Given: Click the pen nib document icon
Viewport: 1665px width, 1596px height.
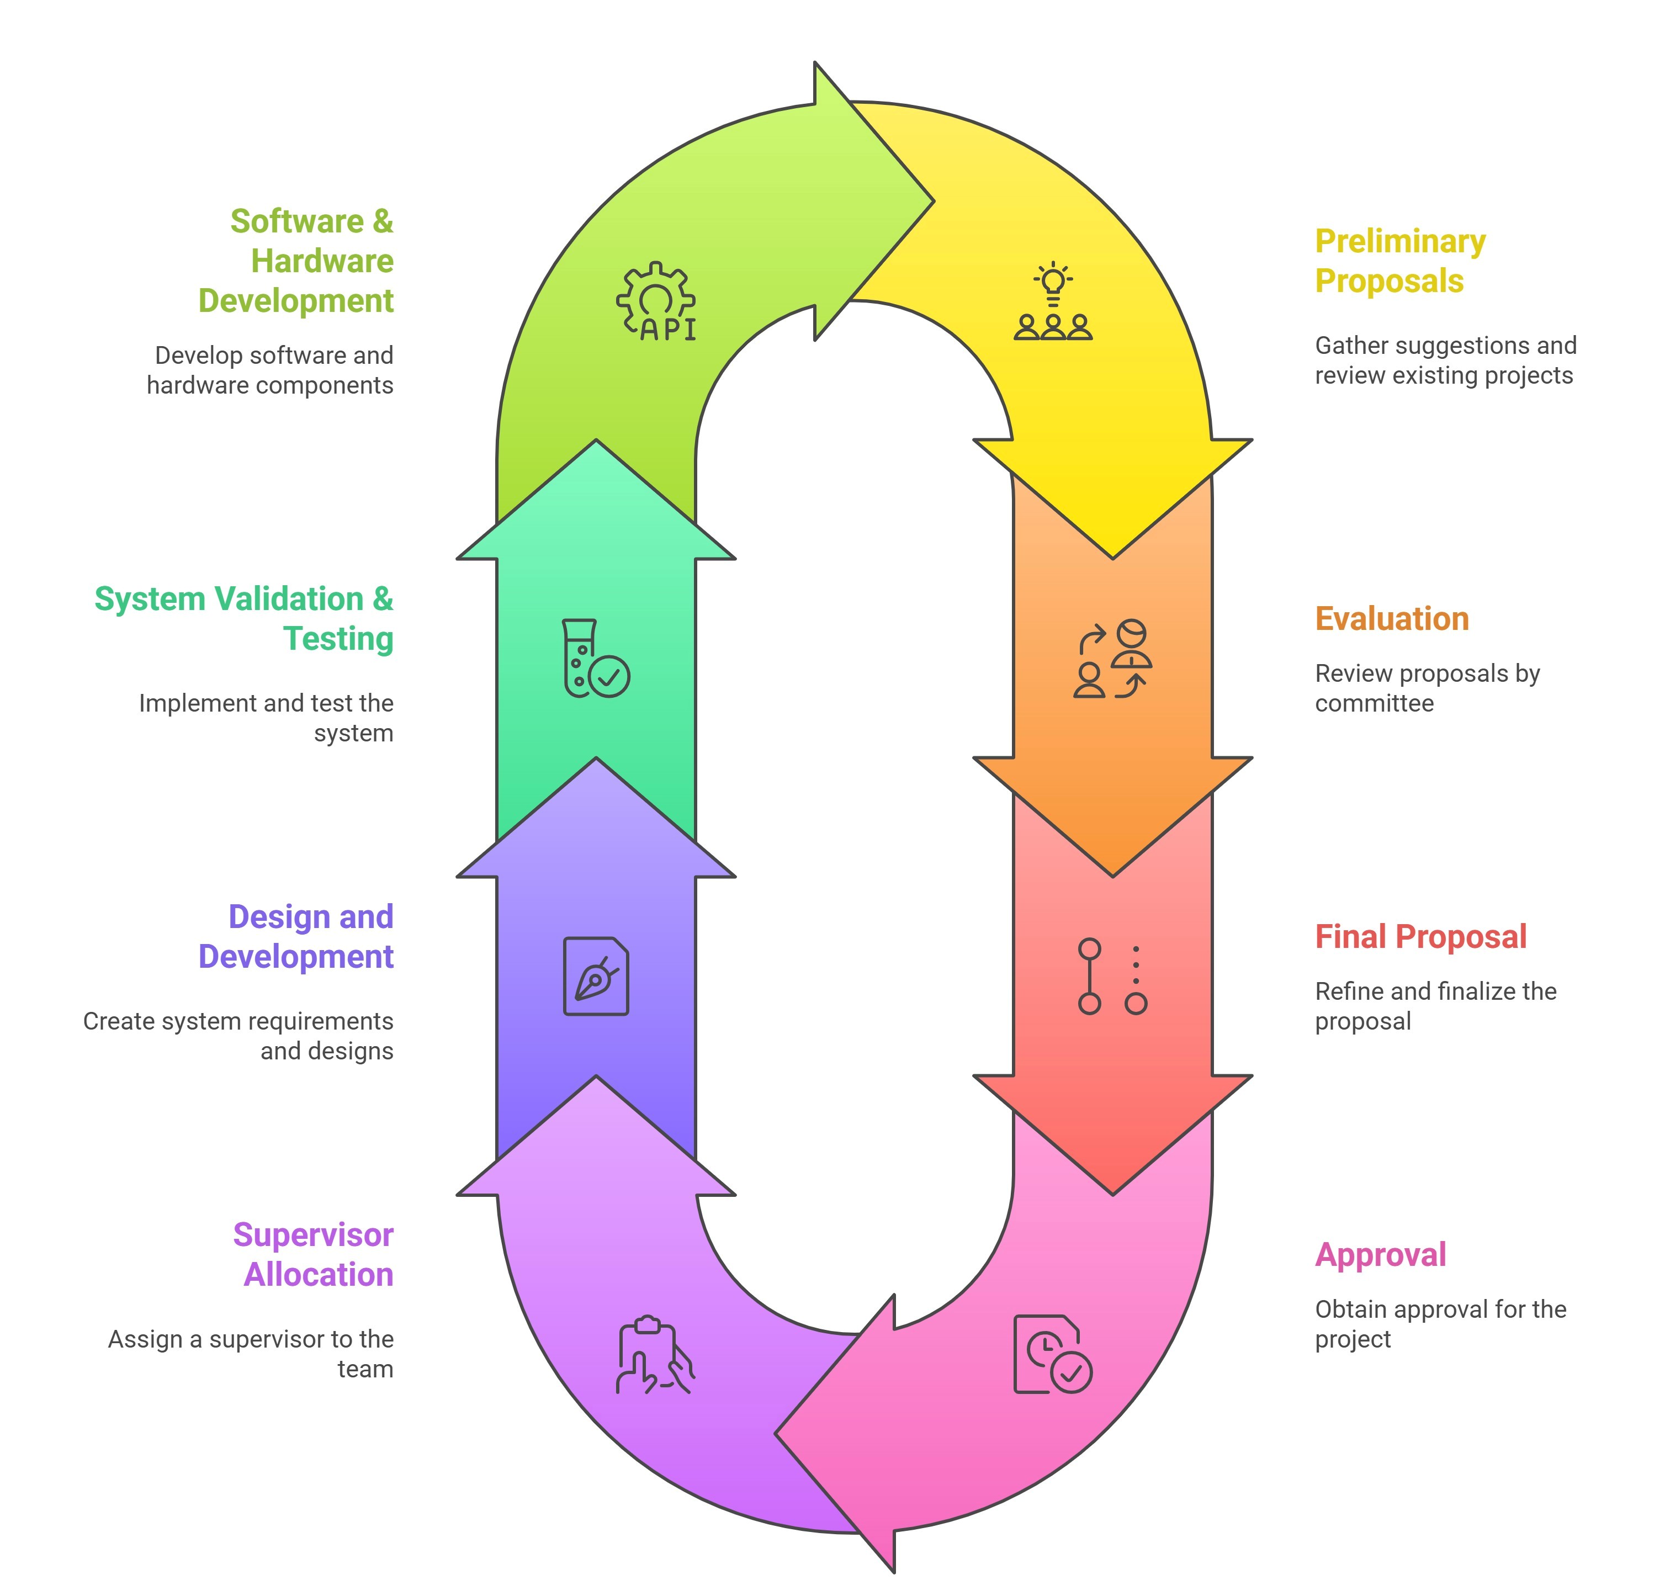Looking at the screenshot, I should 596,976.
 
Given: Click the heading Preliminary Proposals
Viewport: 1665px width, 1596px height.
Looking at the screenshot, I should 1400,261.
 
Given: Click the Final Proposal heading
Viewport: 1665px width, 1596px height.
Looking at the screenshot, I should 1420,936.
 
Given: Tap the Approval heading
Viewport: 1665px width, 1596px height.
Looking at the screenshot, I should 1381,1254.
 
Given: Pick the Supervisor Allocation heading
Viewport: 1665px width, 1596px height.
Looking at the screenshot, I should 314,1254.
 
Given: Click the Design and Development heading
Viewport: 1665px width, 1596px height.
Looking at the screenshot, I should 296,936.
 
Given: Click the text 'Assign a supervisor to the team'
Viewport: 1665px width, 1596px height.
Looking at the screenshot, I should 251,1354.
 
